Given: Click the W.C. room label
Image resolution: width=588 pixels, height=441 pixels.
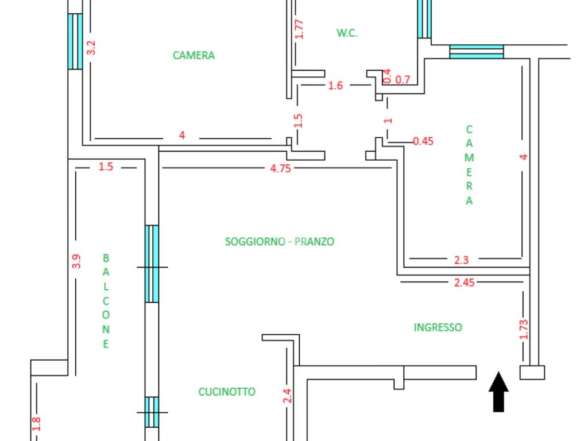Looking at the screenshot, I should [347, 33].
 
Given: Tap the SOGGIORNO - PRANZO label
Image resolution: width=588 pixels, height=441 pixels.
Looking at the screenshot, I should [280, 242].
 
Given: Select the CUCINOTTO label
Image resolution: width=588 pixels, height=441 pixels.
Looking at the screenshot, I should [227, 392].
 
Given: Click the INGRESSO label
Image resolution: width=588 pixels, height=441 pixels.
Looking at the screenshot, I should [438, 327].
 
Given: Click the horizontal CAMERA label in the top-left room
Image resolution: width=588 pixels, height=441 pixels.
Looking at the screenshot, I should [194, 55].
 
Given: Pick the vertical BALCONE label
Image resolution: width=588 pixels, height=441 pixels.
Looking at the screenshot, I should [106, 301].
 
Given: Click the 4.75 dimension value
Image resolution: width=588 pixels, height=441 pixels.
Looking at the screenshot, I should [280, 168].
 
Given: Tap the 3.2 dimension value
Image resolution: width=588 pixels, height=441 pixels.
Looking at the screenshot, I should [91, 48].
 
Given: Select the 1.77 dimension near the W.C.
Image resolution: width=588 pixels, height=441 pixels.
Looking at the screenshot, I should [299, 29].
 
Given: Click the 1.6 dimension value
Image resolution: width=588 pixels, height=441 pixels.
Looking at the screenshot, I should [335, 86].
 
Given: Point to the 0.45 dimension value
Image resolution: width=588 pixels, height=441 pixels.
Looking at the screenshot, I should [423, 141].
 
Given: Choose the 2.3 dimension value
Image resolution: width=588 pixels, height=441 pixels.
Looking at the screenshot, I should [461, 260].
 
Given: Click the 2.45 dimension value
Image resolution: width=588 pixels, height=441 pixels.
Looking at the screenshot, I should [464, 283].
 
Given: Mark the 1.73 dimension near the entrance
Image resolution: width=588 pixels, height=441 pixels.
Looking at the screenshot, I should [524, 330].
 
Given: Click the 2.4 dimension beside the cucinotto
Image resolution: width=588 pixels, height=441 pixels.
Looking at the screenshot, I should [288, 396].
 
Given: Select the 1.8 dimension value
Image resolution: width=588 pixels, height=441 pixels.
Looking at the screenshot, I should [36, 424].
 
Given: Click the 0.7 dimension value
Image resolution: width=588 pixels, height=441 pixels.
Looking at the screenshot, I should [403, 80].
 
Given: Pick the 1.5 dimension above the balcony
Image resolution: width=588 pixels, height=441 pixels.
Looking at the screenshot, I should [106, 167].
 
